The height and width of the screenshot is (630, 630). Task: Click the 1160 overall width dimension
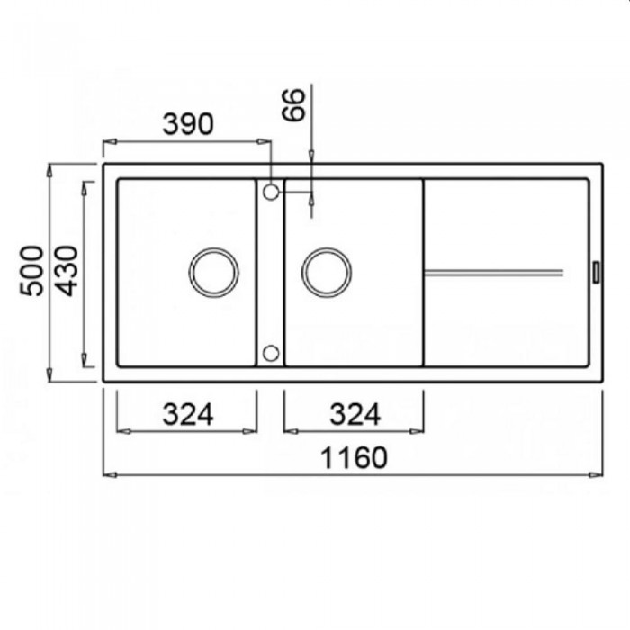355,457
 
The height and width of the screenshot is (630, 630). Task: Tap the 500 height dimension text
31,271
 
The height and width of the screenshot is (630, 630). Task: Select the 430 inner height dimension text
67,271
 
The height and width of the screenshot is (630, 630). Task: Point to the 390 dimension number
188,124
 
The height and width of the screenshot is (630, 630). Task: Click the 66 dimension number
293,105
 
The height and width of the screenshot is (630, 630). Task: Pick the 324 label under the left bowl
188,414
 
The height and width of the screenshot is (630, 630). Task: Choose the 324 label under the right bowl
355,414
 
